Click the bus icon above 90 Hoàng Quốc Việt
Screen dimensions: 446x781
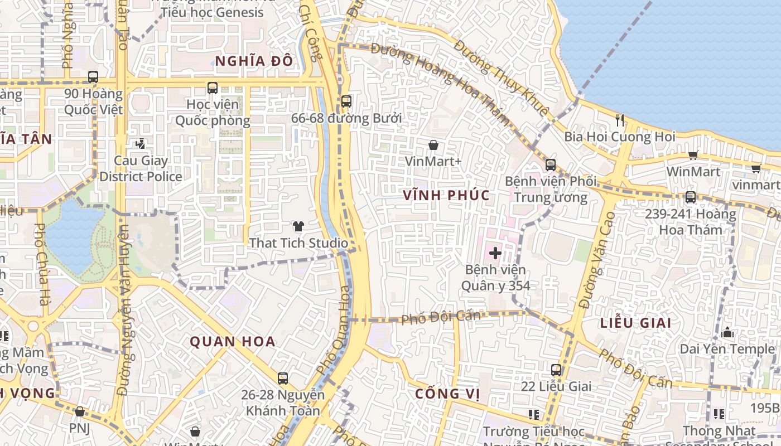(93, 77)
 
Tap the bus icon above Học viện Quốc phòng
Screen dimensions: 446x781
(212, 88)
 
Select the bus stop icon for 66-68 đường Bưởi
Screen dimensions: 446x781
(346, 101)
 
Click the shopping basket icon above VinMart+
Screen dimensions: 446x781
(433, 145)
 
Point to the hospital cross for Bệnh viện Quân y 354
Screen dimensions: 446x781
(495, 254)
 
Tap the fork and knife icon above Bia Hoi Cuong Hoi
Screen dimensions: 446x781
(620, 120)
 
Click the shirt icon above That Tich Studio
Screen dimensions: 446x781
(298, 226)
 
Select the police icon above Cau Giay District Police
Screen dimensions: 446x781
(140, 144)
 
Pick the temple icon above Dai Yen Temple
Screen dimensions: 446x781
(727, 333)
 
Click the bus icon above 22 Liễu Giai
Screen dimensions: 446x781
(556, 370)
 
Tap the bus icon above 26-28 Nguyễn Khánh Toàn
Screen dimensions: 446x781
(283, 379)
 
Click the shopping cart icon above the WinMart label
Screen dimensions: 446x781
(693, 155)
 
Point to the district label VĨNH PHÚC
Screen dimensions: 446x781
(447, 195)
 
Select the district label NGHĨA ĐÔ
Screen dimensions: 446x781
(254, 61)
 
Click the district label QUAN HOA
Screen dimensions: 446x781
(233, 341)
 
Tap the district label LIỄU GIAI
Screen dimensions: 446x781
(635, 323)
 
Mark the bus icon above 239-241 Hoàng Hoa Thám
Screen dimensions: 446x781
(691, 197)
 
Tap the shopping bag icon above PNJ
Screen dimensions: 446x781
(79, 411)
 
